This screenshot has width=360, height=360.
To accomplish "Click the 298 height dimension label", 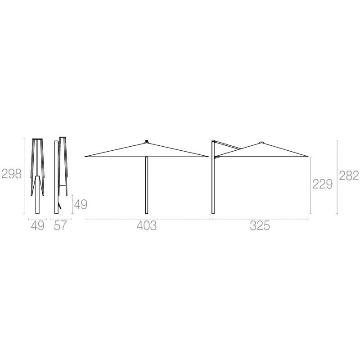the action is tap(12, 174).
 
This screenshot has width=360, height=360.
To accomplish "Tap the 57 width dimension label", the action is tap(60, 225).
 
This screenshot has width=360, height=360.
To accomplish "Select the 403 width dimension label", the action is tap(147, 226).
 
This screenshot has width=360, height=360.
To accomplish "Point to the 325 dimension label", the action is tap(260, 226).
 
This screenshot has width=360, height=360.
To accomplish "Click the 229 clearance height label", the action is tap(322, 184).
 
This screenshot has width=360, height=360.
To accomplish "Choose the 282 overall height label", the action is tap(349, 176).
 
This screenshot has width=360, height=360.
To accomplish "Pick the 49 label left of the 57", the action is tap(38, 225).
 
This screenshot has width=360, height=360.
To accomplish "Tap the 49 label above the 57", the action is tap(81, 204).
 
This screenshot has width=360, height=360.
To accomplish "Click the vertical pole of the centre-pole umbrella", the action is tap(147, 185).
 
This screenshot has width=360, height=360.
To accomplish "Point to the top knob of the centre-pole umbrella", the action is tap(147, 141).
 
